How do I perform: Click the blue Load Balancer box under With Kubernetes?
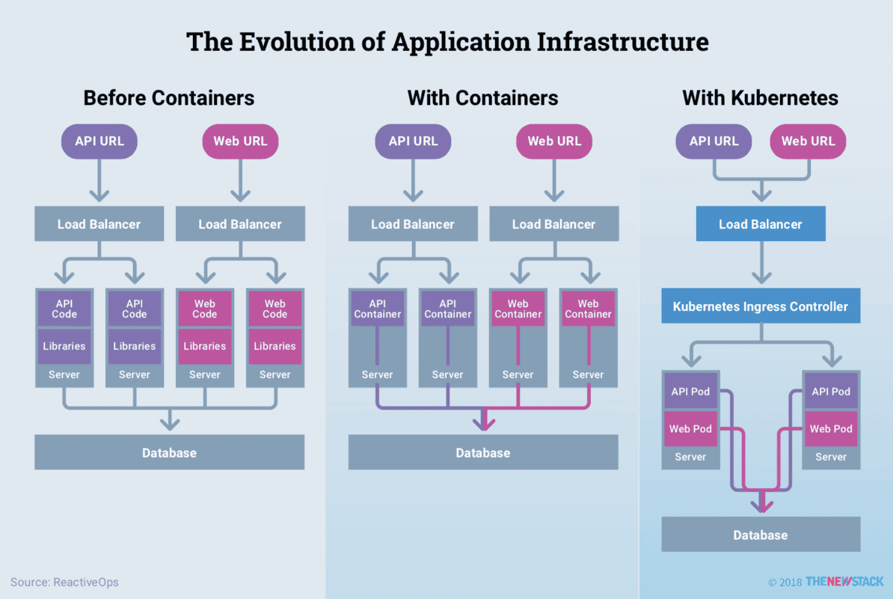point(761,224)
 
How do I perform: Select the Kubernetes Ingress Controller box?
point(761,306)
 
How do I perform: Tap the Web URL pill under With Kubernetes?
point(808,141)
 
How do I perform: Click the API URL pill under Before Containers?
point(99,141)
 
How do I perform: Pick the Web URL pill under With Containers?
point(554,141)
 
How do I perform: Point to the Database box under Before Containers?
point(169,452)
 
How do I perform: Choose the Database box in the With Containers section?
point(483,452)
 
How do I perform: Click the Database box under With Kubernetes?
point(761,535)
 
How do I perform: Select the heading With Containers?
point(482,98)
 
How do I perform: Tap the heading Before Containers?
point(169,98)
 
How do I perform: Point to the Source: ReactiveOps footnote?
point(64,582)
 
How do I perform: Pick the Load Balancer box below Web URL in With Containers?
point(554,224)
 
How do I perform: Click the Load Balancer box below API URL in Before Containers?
point(99,224)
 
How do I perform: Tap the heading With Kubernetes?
point(761,98)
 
